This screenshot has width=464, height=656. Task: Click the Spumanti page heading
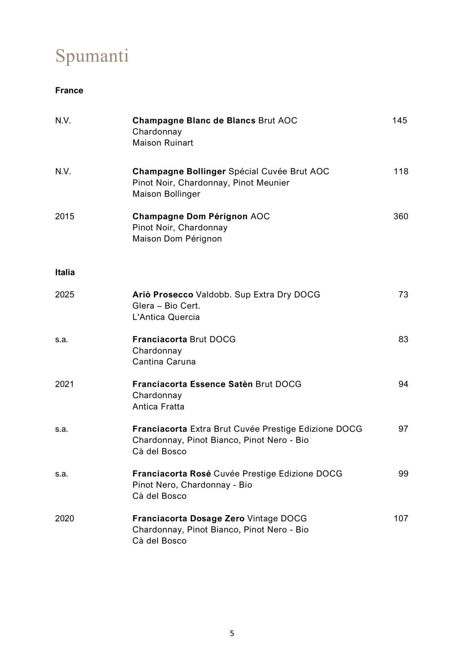coord(92,56)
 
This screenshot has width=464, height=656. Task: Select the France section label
coord(69,90)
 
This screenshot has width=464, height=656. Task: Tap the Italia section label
coord(65,272)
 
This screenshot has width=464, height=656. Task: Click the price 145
coord(399,120)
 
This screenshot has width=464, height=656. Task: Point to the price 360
coord(401,216)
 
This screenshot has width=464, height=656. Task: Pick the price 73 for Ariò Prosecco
coord(403,295)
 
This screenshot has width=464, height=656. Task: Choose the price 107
coord(401,519)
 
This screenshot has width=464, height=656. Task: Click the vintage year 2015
coord(65,216)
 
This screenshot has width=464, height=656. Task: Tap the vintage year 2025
coord(65,295)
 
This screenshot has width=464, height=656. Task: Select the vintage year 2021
coord(65,384)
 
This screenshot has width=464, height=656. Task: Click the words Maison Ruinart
coord(163,143)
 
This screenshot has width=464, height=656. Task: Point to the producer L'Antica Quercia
coord(166,317)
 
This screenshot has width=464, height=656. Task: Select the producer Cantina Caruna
coord(164,362)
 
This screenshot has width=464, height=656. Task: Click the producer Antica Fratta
coord(158,407)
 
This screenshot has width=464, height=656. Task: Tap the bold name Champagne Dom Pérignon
coord(190,216)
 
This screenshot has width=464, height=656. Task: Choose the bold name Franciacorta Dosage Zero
coord(188,519)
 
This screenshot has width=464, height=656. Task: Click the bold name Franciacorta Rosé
coord(172,474)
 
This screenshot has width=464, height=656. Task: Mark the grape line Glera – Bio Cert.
coord(166,306)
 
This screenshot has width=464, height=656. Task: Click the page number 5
coord(232,633)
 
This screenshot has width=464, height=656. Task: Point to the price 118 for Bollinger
coord(401,172)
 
